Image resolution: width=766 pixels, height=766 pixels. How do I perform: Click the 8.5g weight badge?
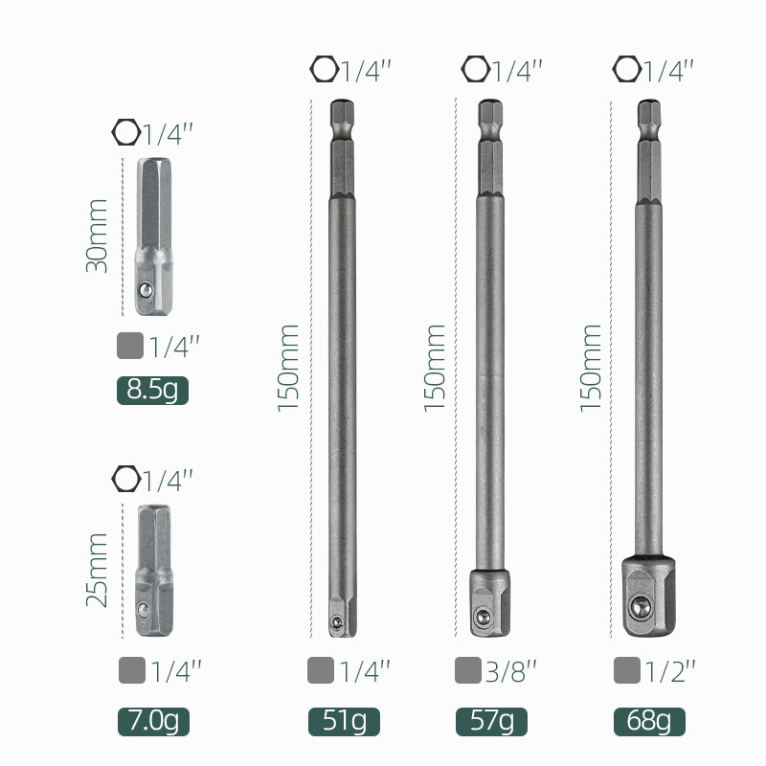(152, 391)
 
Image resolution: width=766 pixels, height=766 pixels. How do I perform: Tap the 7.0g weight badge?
(153, 722)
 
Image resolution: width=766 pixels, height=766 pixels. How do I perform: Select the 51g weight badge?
(344, 722)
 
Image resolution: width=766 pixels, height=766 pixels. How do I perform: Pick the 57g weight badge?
(491, 722)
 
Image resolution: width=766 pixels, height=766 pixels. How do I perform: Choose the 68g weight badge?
(649, 722)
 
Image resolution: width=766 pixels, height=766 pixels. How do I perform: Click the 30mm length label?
(97, 236)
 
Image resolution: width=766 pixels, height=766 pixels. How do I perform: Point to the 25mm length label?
(97, 570)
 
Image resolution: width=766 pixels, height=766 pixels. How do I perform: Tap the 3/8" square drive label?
(511, 671)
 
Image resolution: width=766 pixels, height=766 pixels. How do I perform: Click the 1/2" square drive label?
(669, 671)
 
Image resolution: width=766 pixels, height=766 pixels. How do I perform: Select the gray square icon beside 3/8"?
(468, 670)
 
